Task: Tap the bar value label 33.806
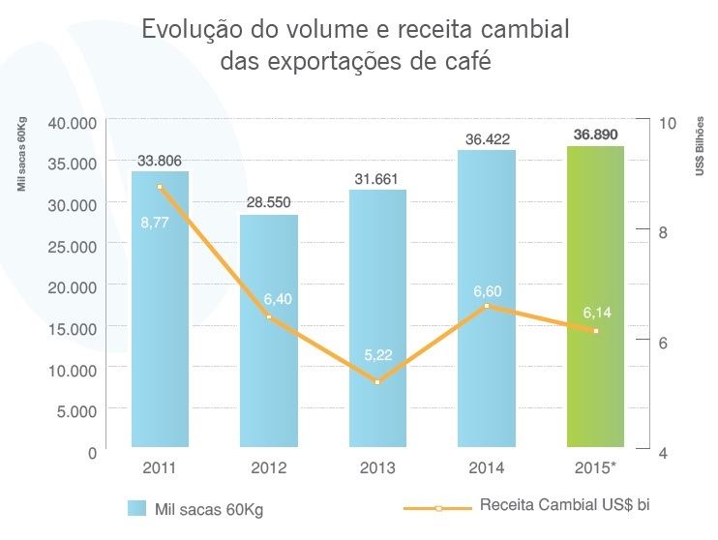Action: [x=160, y=161]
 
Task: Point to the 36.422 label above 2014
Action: [x=487, y=139]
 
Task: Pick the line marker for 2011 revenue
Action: [x=161, y=187]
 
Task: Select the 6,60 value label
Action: [x=487, y=288]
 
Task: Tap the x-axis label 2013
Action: [x=377, y=468]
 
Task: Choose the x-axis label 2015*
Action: [x=595, y=468]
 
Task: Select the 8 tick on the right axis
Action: [x=664, y=232]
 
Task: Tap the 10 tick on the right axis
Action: [x=667, y=123]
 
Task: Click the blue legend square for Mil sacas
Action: [x=136, y=507]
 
